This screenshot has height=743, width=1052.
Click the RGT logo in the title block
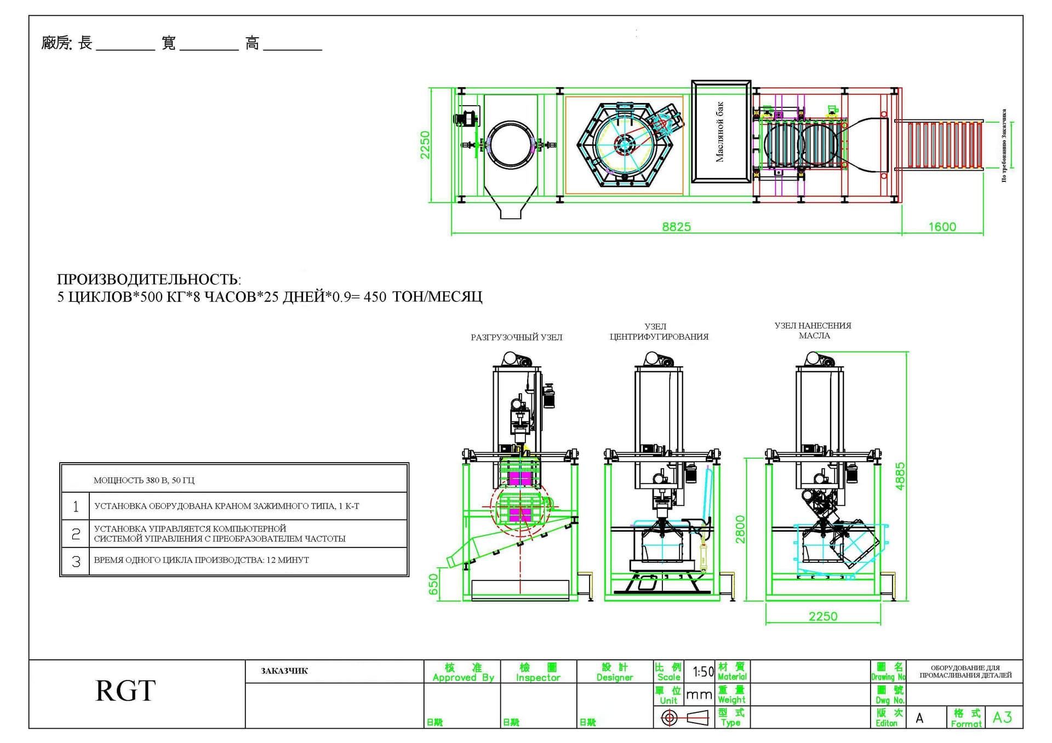click(x=125, y=690)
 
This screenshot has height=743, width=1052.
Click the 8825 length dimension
click(x=676, y=227)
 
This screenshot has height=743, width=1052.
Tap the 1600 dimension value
click(x=942, y=227)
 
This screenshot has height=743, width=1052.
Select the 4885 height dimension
click(x=900, y=476)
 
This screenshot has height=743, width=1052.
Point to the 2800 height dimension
click(x=740, y=529)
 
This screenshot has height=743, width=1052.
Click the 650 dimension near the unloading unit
click(x=433, y=584)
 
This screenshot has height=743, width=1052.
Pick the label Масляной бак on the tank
click(x=720, y=131)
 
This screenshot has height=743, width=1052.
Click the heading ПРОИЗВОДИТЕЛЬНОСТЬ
click(x=148, y=279)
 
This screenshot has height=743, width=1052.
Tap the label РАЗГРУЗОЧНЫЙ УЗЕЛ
click(x=516, y=337)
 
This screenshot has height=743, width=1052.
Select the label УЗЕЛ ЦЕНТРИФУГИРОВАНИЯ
click(x=659, y=332)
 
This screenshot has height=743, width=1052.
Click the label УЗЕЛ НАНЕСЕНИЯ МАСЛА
click(x=813, y=331)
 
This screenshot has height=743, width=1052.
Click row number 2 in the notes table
click(x=76, y=534)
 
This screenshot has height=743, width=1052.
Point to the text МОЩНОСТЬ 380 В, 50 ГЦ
click(x=144, y=480)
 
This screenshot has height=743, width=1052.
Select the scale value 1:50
click(x=703, y=671)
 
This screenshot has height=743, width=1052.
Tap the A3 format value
click(x=1002, y=717)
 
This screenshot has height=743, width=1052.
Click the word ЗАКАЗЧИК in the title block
click(x=284, y=671)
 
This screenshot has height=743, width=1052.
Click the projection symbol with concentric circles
click(x=669, y=718)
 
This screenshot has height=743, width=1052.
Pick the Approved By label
click(x=463, y=677)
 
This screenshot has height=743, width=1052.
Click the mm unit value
click(x=699, y=695)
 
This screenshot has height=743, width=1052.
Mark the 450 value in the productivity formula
click(x=375, y=297)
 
